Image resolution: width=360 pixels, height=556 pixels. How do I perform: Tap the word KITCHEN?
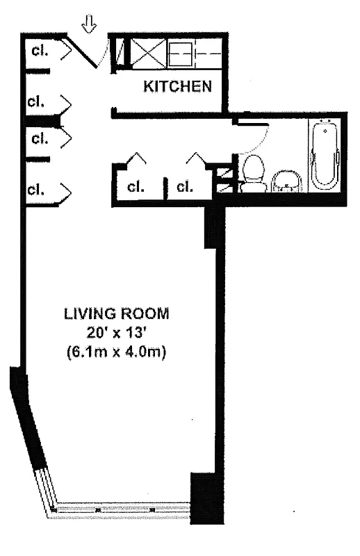(x=177, y=87)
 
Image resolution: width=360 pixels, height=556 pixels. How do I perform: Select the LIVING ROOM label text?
(x=116, y=313)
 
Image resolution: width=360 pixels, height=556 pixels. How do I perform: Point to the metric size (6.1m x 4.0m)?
(x=116, y=352)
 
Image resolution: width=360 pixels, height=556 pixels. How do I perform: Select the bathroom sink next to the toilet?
(x=286, y=181)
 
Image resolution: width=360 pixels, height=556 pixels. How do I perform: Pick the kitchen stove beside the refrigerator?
(x=183, y=53)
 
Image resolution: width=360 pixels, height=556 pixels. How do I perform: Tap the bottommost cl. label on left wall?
(x=38, y=188)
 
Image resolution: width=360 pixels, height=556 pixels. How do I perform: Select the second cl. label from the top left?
(x=38, y=101)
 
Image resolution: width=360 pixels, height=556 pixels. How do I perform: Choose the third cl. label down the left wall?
(x=38, y=138)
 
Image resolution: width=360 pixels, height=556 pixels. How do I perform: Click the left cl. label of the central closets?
(x=136, y=187)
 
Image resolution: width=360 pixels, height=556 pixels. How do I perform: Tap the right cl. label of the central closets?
(x=185, y=187)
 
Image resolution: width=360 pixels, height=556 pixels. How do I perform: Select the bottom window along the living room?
(x=122, y=509)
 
